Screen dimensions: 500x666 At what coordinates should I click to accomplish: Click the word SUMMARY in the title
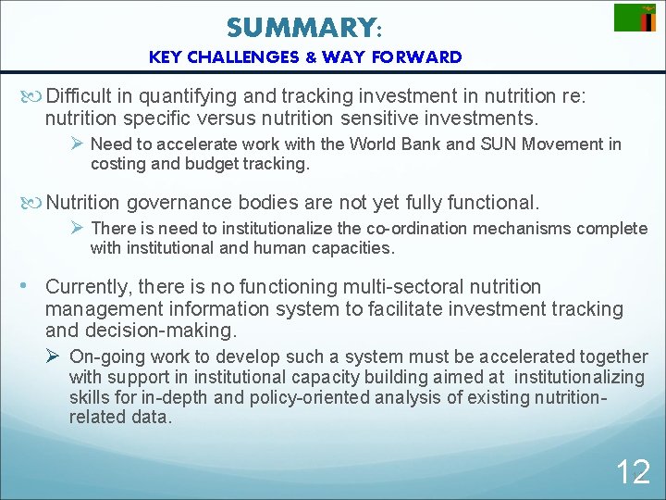299,28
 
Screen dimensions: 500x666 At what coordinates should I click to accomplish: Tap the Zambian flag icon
635,18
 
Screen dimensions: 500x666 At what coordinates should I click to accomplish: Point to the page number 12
633,472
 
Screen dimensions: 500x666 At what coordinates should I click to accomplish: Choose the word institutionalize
243,229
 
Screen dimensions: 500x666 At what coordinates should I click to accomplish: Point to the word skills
91,396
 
